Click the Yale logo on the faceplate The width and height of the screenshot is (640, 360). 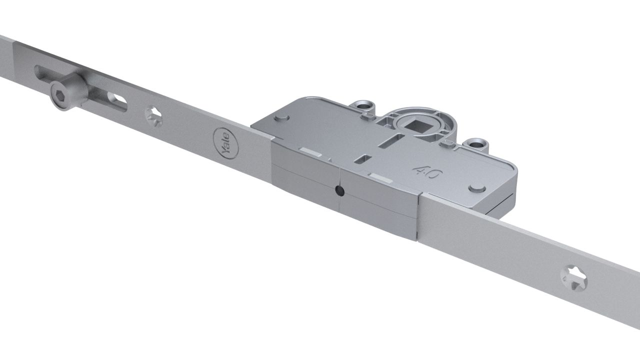(x=225, y=143)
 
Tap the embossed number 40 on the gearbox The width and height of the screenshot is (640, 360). (x=427, y=172)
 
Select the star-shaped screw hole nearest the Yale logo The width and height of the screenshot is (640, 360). (x=153, y=116)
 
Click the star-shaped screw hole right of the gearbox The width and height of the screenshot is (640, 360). (x=573, y=277)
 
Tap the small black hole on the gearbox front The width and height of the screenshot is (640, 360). (x=339, y=191)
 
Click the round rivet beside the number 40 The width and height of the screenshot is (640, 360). (x=477, y=188)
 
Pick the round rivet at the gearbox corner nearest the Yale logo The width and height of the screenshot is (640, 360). (x=281, y=117)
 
